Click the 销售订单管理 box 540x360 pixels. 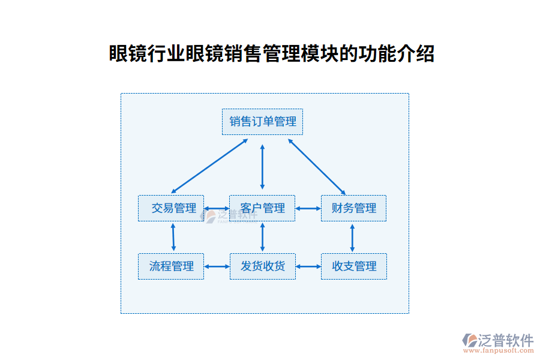point(262,122)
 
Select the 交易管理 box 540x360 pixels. point(171,208)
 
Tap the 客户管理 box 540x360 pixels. point(262,208)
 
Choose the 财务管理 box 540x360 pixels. point(353,208)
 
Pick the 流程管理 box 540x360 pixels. point(171,266)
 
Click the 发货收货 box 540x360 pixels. point(263,266)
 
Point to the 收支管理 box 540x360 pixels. point(354,266)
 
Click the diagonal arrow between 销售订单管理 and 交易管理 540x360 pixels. point(209,166)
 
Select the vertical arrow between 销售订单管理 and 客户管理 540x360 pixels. point(262,166)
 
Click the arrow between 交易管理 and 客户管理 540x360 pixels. point(217,209)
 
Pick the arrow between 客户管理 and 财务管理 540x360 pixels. point(308,209)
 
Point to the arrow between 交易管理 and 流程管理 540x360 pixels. point(173,237)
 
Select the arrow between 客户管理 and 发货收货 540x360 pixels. point(262,237)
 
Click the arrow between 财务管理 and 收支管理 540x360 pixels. point(352,237)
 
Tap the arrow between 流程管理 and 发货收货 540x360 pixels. point(217,266)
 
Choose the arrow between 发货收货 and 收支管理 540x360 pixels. point(308,266)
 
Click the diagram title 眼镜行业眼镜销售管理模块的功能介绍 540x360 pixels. point(271,54)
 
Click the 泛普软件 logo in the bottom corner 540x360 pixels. point(497,340)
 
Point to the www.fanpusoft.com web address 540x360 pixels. point(497,350)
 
